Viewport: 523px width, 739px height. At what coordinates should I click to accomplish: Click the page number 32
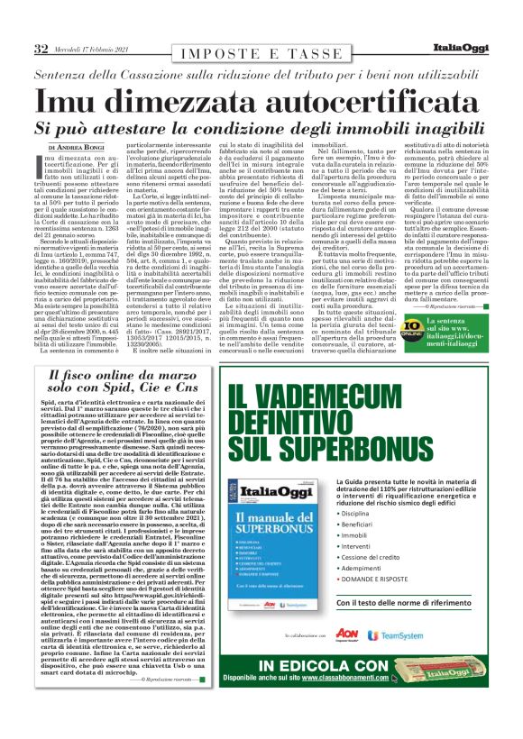pyautogui.click(x=40, y=49)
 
